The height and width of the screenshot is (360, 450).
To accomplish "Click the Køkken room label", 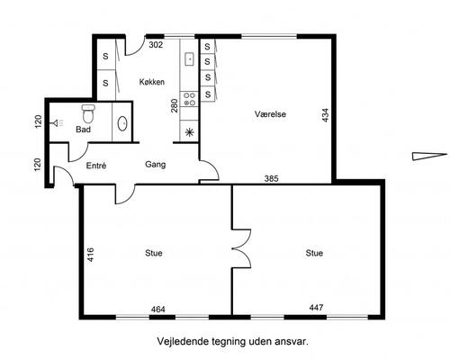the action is click(x=152, y=82).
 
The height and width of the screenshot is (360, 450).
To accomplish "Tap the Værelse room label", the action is click(x=270, y=114).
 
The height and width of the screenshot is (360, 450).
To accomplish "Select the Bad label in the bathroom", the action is click(x=83, y=130).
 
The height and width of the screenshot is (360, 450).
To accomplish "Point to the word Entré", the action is click(x=96, y=166).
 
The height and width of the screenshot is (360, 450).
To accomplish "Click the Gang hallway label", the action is click(x=155, y=165).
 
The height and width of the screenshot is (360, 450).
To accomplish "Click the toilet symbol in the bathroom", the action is click(x=88, y=113).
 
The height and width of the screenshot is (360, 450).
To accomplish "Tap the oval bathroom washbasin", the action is click(x=122, y=123).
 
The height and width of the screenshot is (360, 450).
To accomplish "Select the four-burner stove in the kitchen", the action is click(x=189, y=99).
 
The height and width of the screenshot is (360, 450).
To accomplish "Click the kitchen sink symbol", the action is click(x=189, y=58).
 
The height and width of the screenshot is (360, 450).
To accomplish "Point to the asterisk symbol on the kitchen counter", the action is click(x=189, y=132).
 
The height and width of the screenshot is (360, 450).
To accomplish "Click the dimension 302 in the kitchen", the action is click(x=156, y=45).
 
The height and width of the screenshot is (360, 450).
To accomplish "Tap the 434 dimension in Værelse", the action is click(x=325, y=115).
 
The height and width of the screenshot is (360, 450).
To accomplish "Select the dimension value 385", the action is click(x=271, y=178).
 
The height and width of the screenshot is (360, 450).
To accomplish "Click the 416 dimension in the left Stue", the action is click(x=90, y=255).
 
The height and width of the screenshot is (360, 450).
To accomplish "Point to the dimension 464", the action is click(x=157, y=310).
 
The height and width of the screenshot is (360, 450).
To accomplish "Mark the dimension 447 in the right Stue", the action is click(x=316, y=308).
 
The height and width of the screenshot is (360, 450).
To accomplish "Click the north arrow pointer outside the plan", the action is click(x=429, y=157).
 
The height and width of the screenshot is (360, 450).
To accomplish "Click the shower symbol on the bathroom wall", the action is click(x=58, y=122).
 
